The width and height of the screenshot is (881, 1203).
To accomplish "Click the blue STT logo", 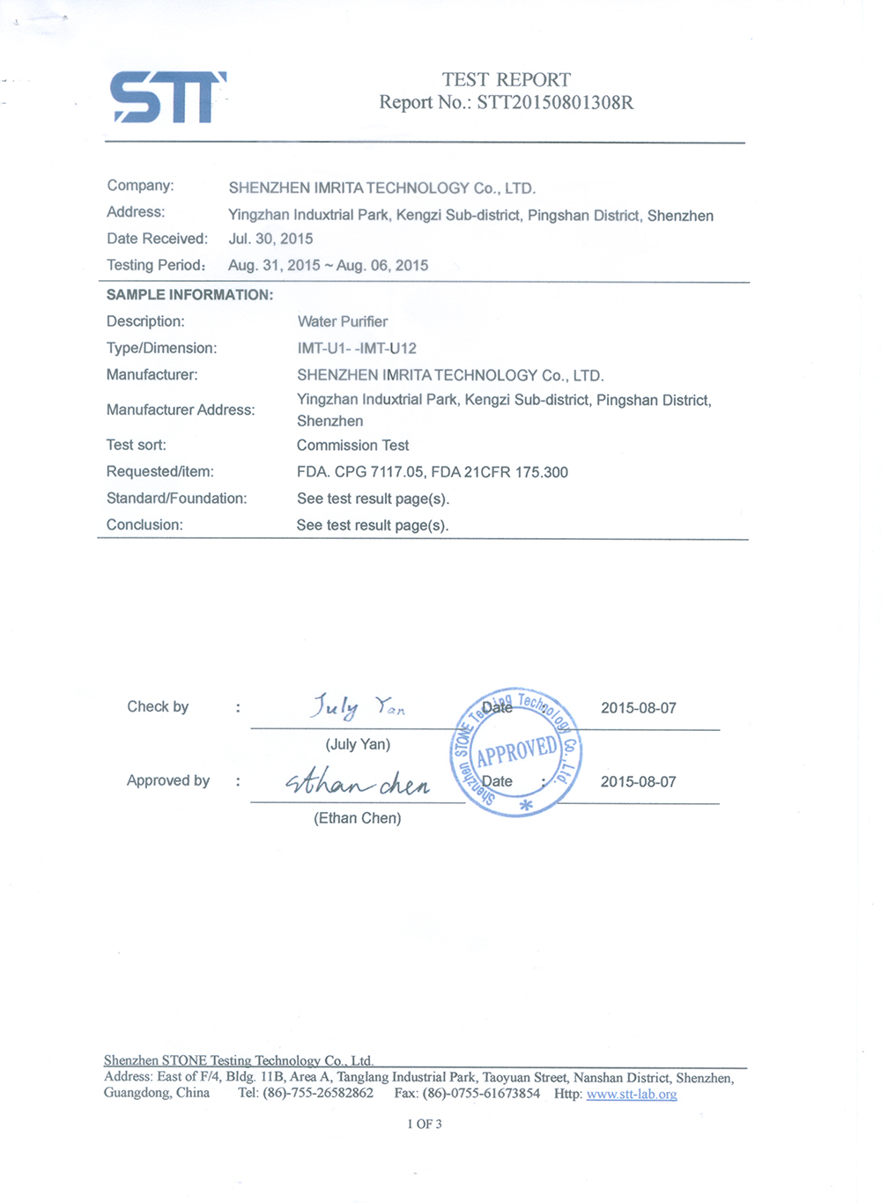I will coord(167,97).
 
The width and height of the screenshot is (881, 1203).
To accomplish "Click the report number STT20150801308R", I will coord(555,102).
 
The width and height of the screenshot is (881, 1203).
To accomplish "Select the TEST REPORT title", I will coord(506,79).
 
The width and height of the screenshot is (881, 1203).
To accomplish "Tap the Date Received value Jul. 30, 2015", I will coord(270,239).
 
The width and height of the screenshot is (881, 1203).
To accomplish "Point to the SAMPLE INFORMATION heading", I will coord(189,295).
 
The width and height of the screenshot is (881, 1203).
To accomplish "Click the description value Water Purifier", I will coord(343,321).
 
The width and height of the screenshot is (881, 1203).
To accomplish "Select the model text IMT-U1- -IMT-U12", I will coord(357,348).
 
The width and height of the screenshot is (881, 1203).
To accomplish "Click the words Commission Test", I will coord(352,446).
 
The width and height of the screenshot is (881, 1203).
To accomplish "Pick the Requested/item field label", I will coord(159,472).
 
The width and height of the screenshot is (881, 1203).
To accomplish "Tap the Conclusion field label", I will coord(144,525).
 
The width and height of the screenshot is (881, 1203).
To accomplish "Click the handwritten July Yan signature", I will coord(358,706).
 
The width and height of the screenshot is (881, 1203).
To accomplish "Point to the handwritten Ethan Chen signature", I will coord(358,782).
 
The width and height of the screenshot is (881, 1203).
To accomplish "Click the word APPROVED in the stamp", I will coord(517,751).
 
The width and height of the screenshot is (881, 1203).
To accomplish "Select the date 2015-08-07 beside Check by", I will coord(639,708).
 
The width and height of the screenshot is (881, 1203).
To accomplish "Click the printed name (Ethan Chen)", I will coord(358,818).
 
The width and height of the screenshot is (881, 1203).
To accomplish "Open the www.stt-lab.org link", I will coord(632,1094).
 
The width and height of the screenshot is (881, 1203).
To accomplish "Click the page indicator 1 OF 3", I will coord(425,1124).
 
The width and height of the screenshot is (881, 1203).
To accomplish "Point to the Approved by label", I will coord(168,780).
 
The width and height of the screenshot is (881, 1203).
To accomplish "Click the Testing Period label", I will coord(156,265).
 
